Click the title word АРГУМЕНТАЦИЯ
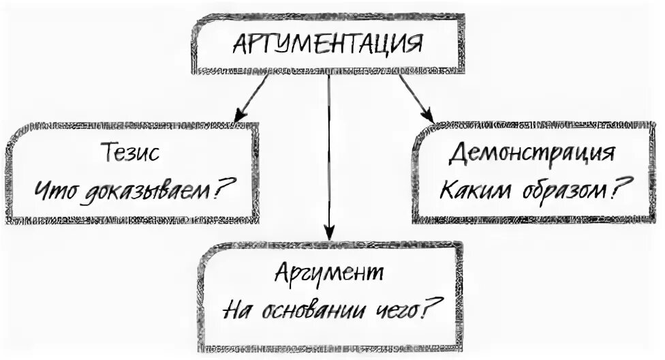coord(328,46)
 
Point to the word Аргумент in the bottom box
coord(330,274)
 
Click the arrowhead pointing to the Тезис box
coord(239,117)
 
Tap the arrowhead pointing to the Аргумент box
coord(329,238)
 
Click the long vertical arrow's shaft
coord(329,157)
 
